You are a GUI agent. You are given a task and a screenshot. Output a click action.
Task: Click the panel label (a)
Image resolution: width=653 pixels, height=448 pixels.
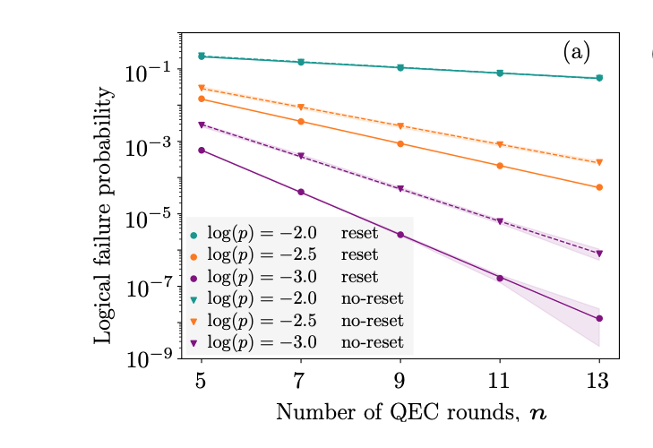click(x=576, y=53)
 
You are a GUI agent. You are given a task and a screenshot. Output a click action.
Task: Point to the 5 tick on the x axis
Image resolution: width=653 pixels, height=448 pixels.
click(x=202, y=380)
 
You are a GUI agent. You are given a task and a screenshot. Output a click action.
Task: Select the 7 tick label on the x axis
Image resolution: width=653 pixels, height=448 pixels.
click(x=301, y=380)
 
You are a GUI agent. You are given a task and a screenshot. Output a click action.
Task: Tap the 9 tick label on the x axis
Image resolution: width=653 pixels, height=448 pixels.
click(x=400, y=380)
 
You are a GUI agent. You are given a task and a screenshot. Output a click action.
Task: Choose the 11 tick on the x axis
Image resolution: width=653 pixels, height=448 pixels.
click(x=499, y=380)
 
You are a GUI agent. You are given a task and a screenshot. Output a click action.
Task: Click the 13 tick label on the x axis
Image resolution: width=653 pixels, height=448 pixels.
click(x=598, y=380)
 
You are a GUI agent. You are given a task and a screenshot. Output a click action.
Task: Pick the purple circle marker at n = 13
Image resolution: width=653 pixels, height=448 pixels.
click(x=599, y=318)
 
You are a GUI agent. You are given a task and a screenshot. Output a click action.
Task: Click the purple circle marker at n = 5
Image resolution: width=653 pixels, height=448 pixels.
click(x=202, y=150)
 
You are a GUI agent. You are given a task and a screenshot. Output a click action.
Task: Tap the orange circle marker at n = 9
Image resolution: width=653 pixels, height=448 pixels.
click(x=400, y=143)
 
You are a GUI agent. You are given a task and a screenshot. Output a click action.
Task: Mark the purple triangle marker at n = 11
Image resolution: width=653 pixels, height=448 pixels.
click(x=500, y=221)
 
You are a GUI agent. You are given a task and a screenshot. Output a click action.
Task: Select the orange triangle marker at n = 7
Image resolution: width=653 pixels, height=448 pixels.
click(x=301, y=108)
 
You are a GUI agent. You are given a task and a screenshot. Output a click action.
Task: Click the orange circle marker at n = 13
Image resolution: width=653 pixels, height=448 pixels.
click(x=599, y=187)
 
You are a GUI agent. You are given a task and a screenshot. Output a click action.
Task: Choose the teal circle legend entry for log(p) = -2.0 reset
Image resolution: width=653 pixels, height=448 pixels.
click(x=193, y=235)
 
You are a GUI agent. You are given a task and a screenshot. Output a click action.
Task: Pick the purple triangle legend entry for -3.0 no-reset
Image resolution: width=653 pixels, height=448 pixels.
click(x=193, y=342)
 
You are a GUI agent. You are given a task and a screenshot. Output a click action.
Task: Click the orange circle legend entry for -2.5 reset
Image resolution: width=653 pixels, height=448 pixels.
click(x=193, y=256)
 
